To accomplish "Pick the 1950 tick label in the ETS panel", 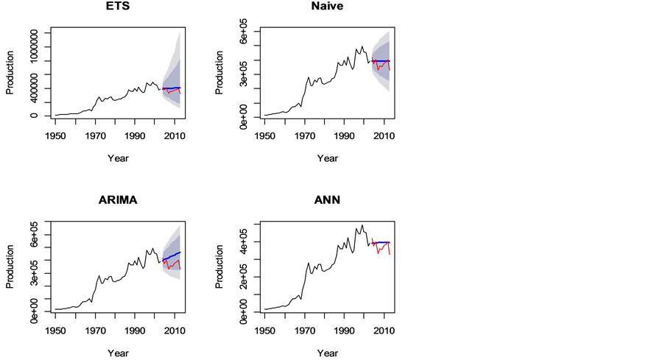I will coord(55,136).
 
